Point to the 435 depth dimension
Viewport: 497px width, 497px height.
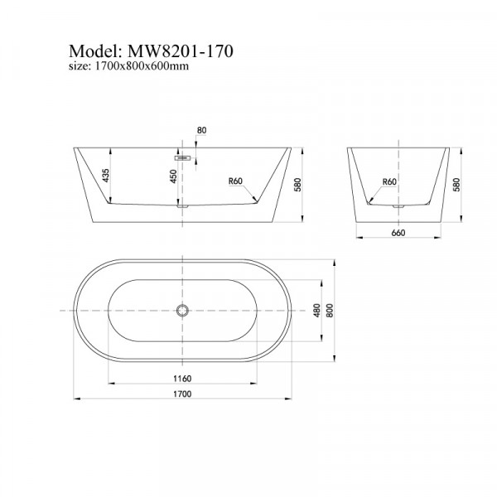106,176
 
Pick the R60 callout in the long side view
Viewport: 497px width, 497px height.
236,181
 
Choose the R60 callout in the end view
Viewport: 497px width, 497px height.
388,181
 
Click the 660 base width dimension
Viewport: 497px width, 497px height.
397,233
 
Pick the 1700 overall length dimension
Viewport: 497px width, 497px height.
181,393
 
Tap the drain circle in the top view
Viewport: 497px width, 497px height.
181,311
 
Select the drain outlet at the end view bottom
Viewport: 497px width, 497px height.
398,205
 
